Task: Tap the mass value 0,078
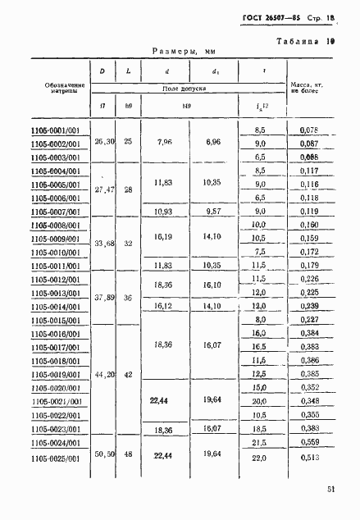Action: pyautogui.click(x=308, y=130)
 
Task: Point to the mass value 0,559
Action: pyautogui.click(x=308, y=441)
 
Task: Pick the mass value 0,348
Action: pyautogui.click(x=308, y=401)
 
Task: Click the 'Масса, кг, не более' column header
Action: pyautogui.click(x=308, y=89)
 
